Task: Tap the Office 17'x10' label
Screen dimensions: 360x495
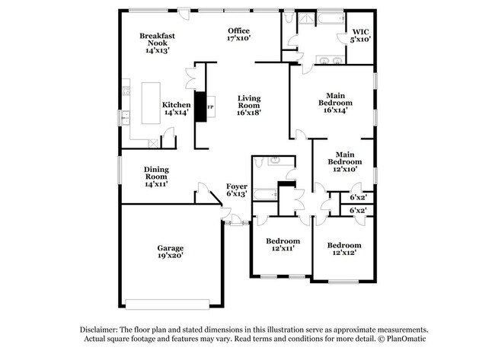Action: click(239, 33)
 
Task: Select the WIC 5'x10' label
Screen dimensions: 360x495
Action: click(360, 34)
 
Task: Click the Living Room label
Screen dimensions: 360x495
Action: click(249, 105)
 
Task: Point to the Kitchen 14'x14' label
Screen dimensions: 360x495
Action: click(176, 108)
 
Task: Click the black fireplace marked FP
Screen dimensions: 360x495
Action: click(203, 107)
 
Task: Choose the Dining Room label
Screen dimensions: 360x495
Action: click(156, 177)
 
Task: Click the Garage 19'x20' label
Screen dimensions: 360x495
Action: click(171, 252)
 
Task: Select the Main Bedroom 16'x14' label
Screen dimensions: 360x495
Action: click(334, 98)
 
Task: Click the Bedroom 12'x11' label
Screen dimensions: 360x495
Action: click(282, 243)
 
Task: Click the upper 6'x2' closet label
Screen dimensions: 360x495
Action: click(357, 196)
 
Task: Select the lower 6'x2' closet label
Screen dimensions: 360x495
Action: click(357, 210)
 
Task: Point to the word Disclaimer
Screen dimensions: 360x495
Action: click(102, 328)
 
